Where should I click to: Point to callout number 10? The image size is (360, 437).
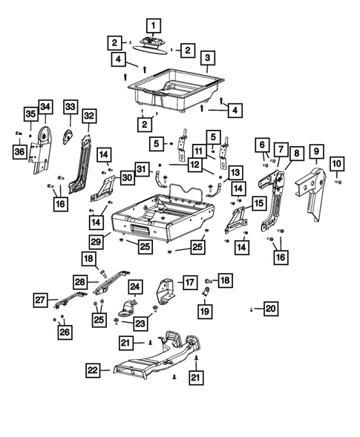click(x=336, y=162)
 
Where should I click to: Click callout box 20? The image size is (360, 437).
click(x=270, y=308)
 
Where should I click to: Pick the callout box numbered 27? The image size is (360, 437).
click(x=40, y=300)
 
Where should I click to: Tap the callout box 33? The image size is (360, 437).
click(x=70, y=108)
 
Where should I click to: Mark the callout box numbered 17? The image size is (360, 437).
click(x=189, y=282)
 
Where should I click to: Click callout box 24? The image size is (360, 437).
click(x=134, y=286)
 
